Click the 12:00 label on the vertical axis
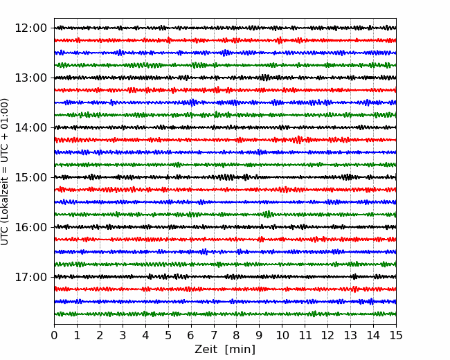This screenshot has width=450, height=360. click(30, 28)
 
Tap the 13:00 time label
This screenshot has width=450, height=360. click(30, 78)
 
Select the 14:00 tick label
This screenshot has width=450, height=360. click(30, 127)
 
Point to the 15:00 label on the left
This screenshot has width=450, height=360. click(30, 177)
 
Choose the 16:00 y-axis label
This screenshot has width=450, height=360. click(30, 227)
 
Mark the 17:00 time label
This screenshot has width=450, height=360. click(30, 277)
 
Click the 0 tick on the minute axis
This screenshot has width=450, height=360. click(54, 335)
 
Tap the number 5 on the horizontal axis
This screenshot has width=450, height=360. click(168, 335)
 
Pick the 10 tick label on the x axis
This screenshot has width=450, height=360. click(282, 335)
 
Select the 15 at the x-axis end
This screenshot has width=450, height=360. click(396, 335)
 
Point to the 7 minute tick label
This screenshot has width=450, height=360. click(214, 335)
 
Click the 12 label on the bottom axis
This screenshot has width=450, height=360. click(327, 335)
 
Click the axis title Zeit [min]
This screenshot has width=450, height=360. click(225, 350)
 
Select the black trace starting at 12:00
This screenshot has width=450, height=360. click(225, 28)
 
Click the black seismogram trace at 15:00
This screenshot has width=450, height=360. click(225, 177)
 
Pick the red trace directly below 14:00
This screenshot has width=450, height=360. click(225, 140)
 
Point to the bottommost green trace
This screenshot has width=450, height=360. click(225, 314)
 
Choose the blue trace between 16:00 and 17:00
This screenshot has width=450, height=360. click(225, 252)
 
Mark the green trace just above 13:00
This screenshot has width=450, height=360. click(225, 65)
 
